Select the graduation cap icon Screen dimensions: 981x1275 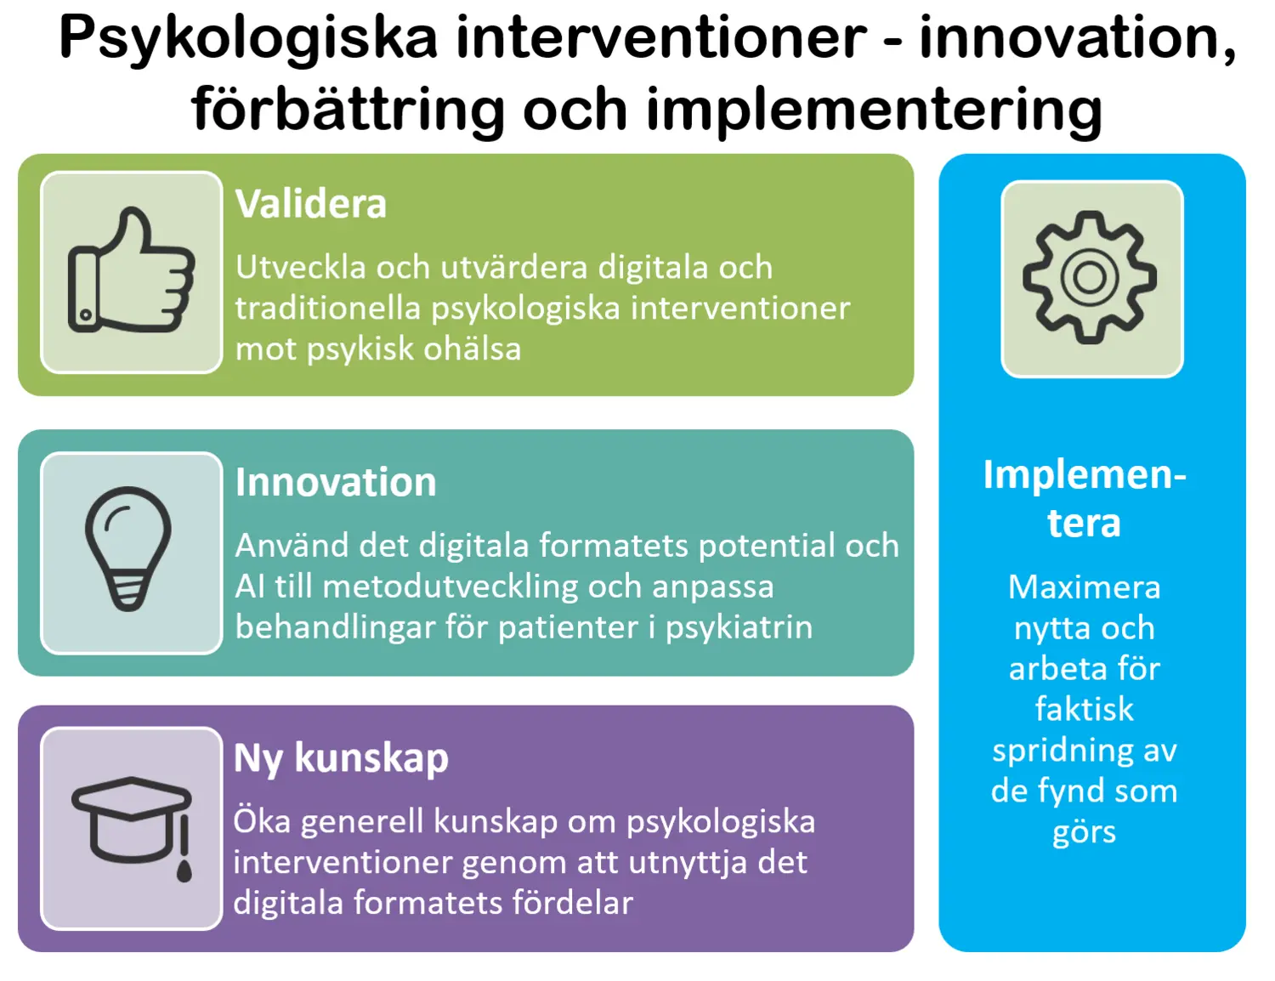pos(131,823)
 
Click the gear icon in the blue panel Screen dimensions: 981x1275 pos(1090,277)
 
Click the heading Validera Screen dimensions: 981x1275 pos(311,204)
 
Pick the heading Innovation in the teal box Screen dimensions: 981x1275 pos(336,482)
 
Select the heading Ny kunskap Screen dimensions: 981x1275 pos(341,757)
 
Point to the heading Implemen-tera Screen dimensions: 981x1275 pos(1084,498)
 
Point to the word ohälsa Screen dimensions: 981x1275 pos(473,349)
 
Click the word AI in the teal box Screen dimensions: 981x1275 pos(250,587)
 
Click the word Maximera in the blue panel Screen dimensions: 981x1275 pos(1084,587)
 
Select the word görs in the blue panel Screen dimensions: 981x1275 pos(1084,832)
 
